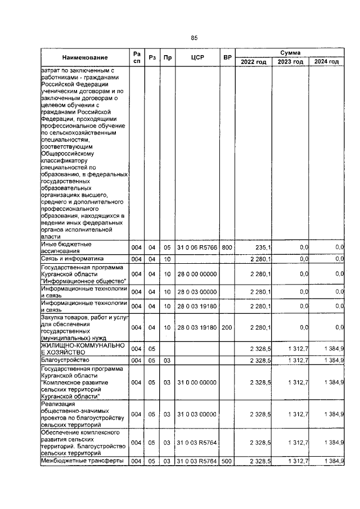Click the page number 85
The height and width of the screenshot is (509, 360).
(194, 38)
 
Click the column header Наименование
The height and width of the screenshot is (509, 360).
(85, 57)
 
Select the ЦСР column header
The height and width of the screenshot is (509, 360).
(196, 57)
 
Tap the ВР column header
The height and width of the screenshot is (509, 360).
(227, 57)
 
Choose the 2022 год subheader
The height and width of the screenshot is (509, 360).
(253, 62)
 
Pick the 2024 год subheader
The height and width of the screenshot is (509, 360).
(326, 62)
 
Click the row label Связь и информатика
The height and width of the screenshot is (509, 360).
(71, 258)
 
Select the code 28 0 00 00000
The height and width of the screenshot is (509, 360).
(196, 273)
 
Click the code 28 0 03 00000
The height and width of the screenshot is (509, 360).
(196, 291)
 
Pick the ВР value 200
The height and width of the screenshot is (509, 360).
(227, 327)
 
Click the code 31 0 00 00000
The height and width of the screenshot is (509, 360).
(196, 382)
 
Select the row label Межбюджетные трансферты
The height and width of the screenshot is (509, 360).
(82, 461)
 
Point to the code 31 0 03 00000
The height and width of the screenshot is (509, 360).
(196, 414)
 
